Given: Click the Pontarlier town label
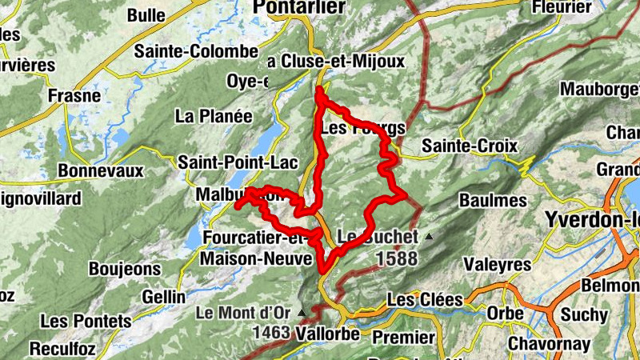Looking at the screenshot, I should point(298,7).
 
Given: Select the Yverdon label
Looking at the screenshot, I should point(592,218).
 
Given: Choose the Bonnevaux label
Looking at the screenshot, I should point(100,171).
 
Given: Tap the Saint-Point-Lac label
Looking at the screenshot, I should point(226,163).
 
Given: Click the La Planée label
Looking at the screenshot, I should point(214,116).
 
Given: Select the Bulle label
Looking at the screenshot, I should point(146,15).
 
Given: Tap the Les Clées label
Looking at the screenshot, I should point(425,300).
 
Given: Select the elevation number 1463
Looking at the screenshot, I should point(271,331).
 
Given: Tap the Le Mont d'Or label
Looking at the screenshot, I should point(246,312).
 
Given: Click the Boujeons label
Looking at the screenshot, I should point(125,270).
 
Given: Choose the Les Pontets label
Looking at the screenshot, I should point(85,322).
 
